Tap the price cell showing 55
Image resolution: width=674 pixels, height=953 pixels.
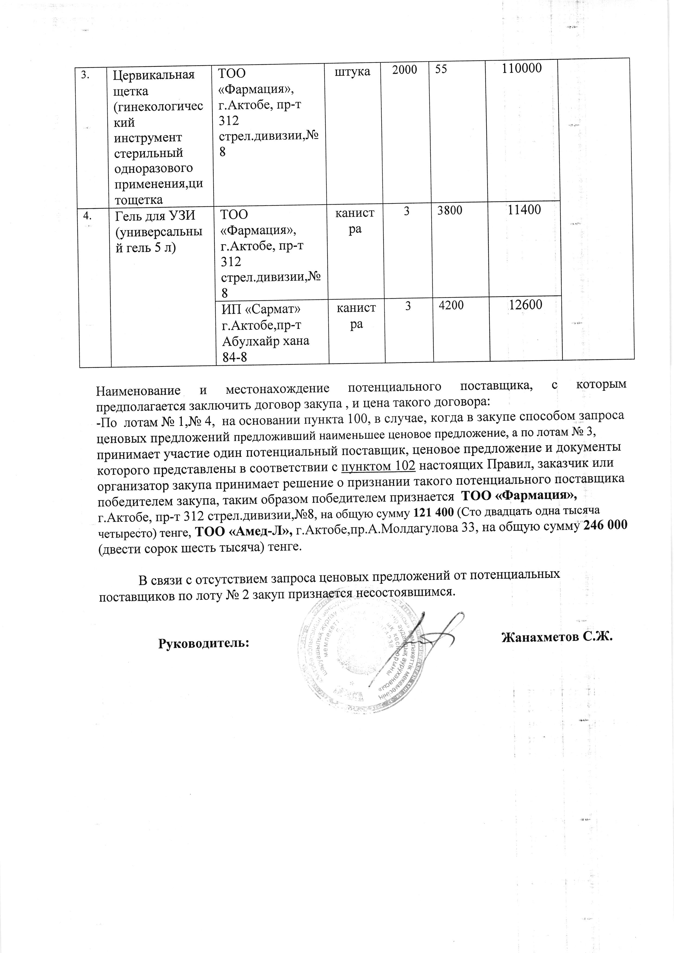442,69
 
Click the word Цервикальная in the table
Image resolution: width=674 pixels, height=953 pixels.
154,75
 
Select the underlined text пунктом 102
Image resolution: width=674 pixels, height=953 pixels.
378,466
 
